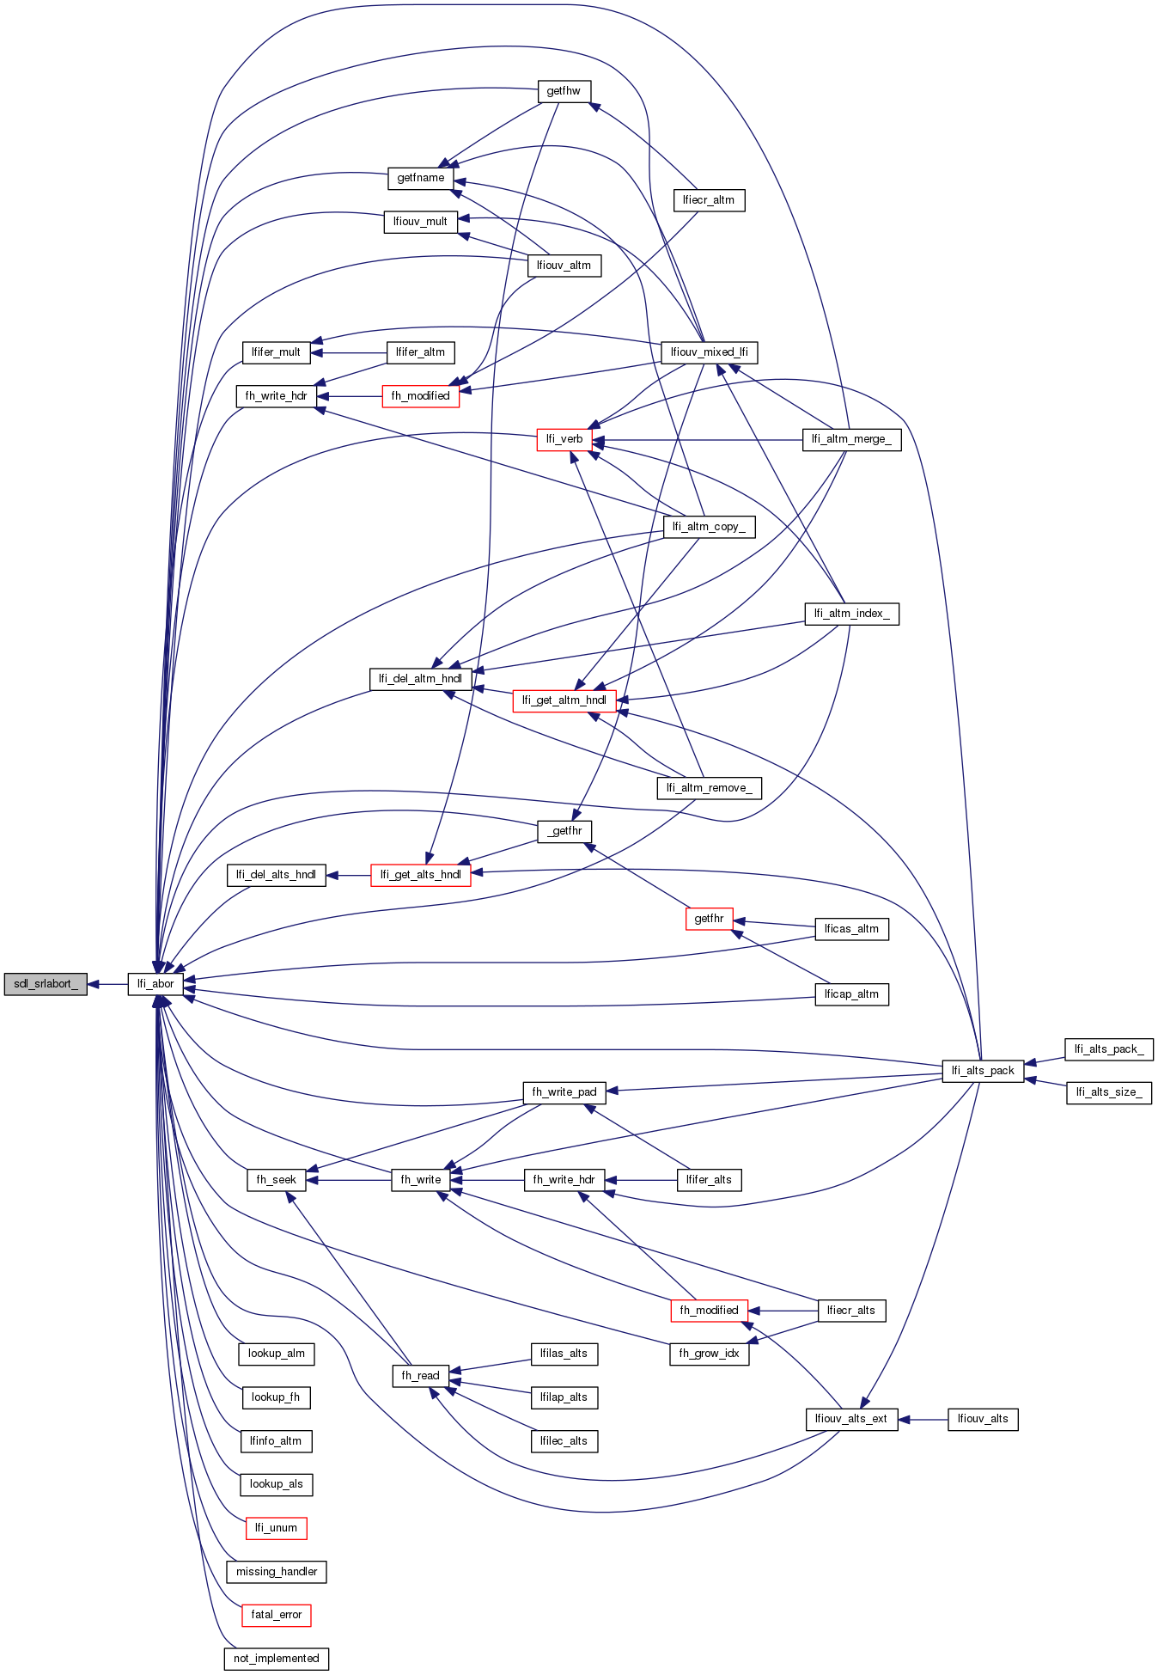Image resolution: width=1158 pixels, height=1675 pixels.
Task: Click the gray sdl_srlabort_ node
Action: click(46, 984)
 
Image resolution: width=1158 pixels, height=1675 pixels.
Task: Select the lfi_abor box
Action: click(155, 984)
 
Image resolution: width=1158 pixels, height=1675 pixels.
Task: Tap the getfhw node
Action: click(564, 91)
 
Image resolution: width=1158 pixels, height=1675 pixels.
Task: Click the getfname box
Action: click(420, 178)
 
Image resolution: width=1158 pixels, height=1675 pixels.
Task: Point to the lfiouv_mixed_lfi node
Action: click(709, 352)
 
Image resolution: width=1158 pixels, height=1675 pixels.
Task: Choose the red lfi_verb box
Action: click(564, 439)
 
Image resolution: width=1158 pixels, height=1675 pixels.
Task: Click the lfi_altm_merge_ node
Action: click(851, 439)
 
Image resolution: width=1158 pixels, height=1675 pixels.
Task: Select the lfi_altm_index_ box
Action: click(851, 614)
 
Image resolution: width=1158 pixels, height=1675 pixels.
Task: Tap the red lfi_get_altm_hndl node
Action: click(564, 700)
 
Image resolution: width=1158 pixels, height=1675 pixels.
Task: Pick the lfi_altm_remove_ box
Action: click(709, 788)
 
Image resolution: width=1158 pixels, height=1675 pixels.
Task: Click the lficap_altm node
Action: click(851, 994)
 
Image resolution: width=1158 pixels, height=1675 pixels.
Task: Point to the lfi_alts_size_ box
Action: click(1109, 1092)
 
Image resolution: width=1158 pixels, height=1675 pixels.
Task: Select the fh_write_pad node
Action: click(564, 1092)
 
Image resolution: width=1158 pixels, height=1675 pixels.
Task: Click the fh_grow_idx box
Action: click(709, 1354)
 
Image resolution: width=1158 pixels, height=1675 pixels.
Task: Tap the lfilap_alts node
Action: click(564, 1397)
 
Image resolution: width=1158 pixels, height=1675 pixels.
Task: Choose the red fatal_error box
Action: click(276, 1615)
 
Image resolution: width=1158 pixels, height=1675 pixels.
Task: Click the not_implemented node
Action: click(276, 1659)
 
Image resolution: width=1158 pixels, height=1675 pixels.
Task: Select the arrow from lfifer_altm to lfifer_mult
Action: click(348, 352)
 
